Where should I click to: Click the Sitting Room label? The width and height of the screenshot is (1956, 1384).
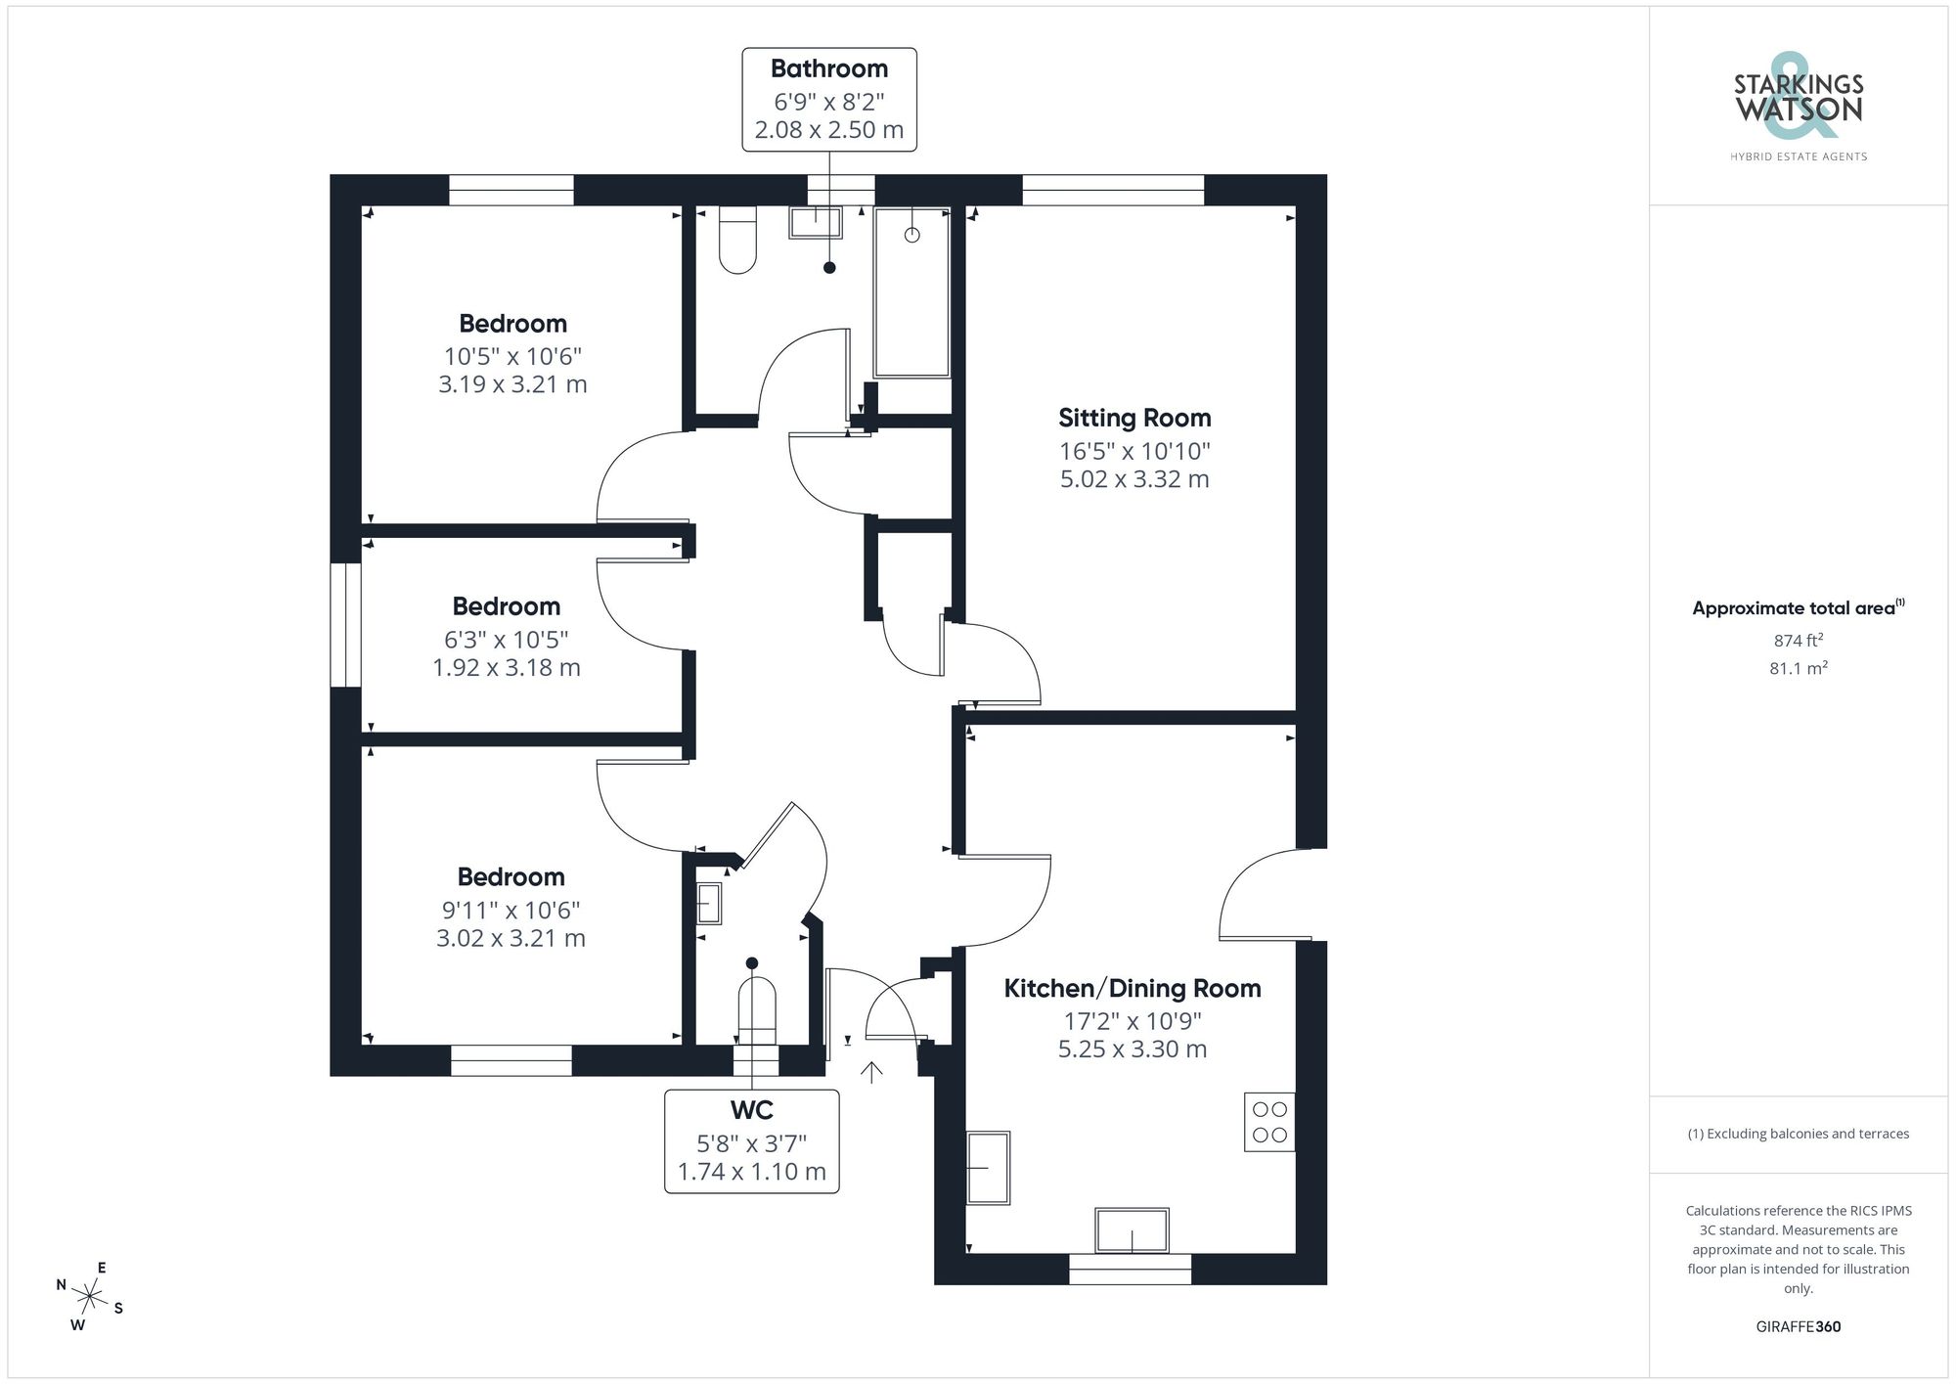point(1134,418)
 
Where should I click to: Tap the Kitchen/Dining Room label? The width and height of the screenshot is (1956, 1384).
point(1132,988)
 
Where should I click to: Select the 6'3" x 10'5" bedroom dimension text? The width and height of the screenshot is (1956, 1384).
point(506,639)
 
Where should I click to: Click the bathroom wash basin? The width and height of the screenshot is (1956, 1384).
point(816,223)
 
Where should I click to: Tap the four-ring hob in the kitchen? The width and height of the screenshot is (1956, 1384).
point(1269,1122)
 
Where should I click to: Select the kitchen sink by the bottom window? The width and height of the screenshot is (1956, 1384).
point(1132,1230)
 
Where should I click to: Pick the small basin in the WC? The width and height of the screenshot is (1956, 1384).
point(709,903)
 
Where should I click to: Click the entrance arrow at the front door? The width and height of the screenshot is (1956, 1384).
point(871,1072)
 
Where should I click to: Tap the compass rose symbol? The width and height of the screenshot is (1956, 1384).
point(90,1297)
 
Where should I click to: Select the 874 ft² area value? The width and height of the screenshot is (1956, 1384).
point(1798,641)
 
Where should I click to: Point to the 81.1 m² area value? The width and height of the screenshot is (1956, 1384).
point(1798,668)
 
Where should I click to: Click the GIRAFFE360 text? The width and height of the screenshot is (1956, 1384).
point(1798,1326)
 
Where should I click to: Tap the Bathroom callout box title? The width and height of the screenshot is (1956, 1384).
point(828,68)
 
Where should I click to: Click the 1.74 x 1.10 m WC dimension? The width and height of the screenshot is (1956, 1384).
point(751,1171)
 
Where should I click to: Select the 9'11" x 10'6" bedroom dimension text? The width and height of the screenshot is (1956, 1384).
point(511,910)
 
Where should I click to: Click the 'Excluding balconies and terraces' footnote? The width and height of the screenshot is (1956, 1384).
point(1798,1134)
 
